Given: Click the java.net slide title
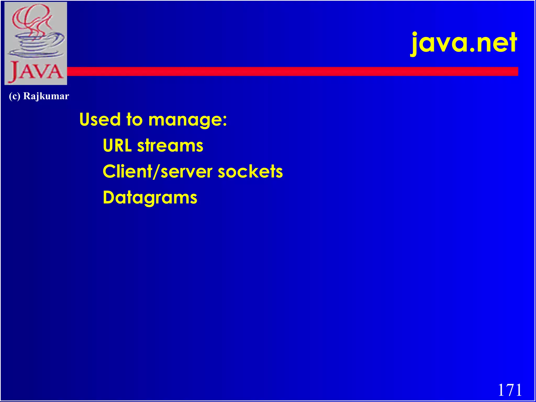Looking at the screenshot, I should (x=463, y=43).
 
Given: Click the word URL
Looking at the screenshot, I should (x=117, y=146).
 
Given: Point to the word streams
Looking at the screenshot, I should (x=170, y=146).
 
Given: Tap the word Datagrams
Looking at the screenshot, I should (x=150, y=198).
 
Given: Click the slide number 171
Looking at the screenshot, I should (x=510, y=390).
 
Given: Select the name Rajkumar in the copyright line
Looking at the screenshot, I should (x=46, y=96).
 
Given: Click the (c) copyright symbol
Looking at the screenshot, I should (x=14, y=96).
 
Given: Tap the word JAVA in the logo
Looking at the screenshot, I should (x=36, y=71).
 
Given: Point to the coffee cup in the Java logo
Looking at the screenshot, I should (x=37, y=44).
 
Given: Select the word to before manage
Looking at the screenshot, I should (x=134, y=119).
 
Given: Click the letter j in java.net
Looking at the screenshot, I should (x=415, y=44).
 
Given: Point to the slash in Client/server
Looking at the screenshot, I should (x=156, y=172).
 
